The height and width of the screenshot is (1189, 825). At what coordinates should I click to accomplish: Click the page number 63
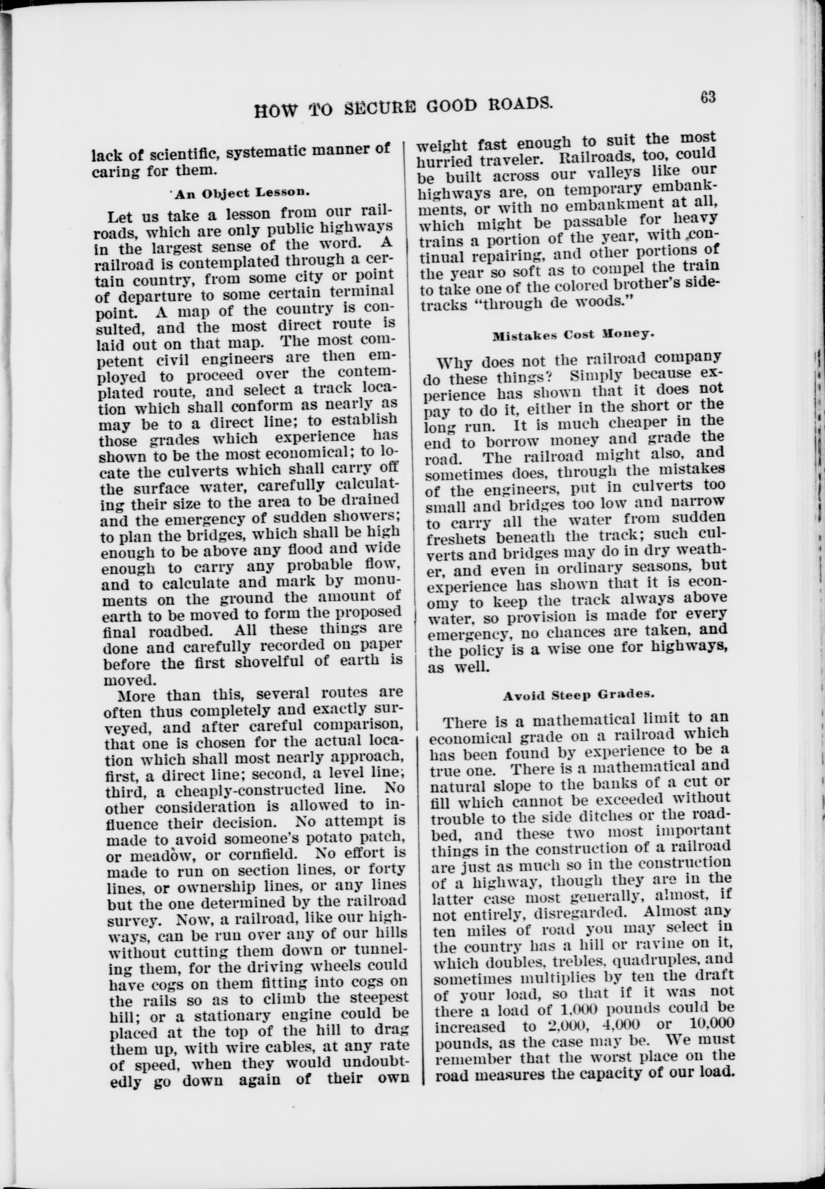click(708, 97)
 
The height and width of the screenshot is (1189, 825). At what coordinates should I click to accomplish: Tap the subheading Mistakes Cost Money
click(573, 334)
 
